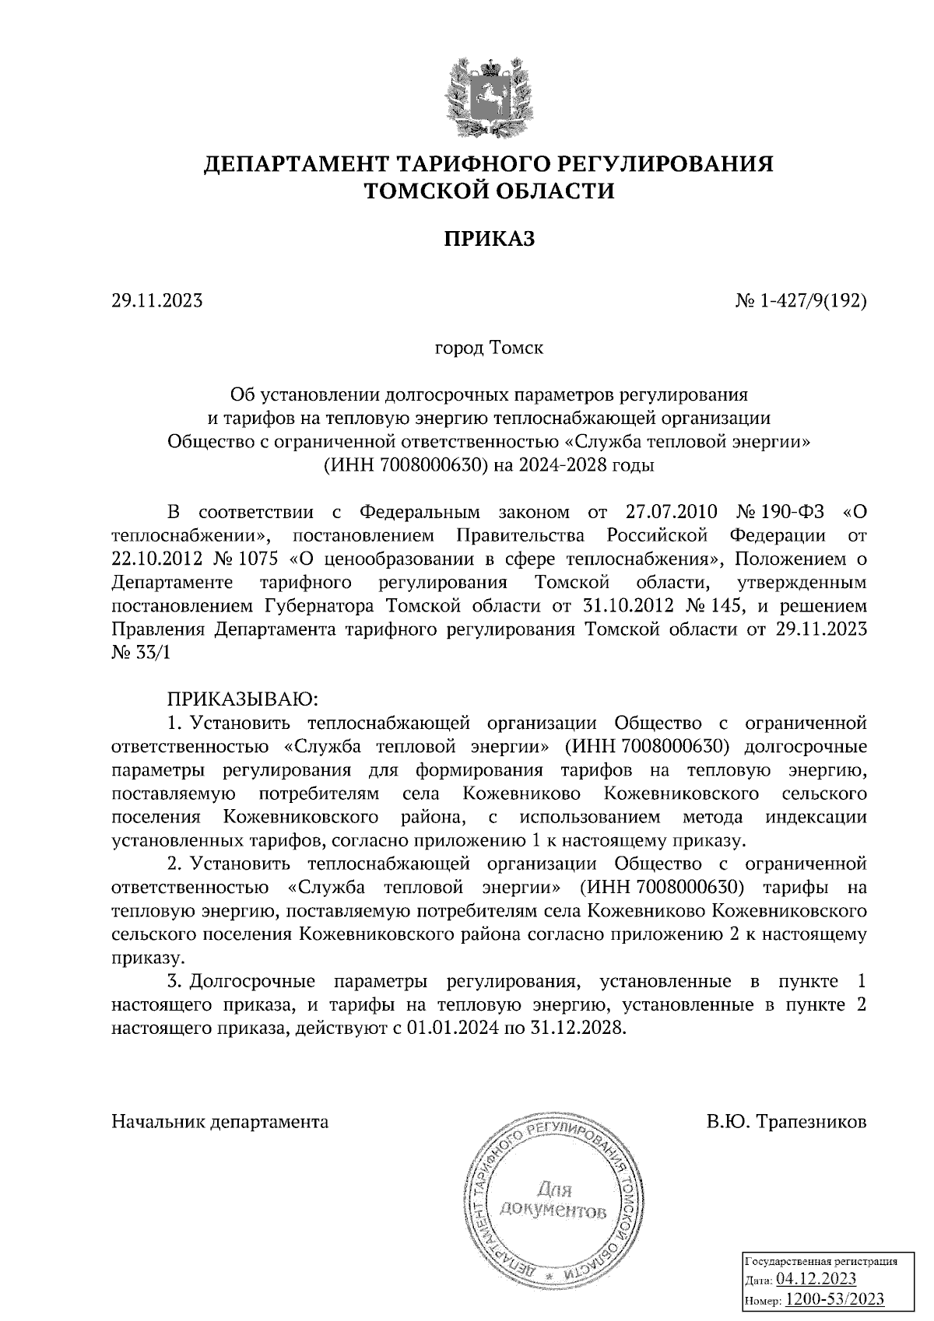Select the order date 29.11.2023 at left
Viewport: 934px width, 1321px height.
[x=157, y=300]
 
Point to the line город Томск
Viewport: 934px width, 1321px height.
[x=489, y=348]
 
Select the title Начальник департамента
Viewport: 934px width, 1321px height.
[x=220, y=1123]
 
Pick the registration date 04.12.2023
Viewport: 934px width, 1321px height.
[x=816, y=1280]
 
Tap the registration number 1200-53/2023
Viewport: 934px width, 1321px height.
[x=834, y=1300]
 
